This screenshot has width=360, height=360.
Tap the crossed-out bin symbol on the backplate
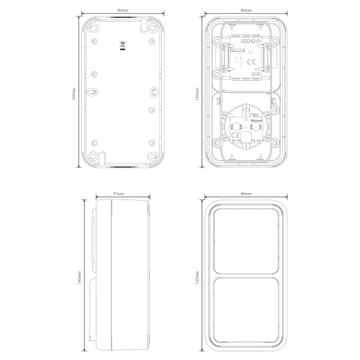click(122, 48)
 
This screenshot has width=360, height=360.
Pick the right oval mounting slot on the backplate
click(153, 92)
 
